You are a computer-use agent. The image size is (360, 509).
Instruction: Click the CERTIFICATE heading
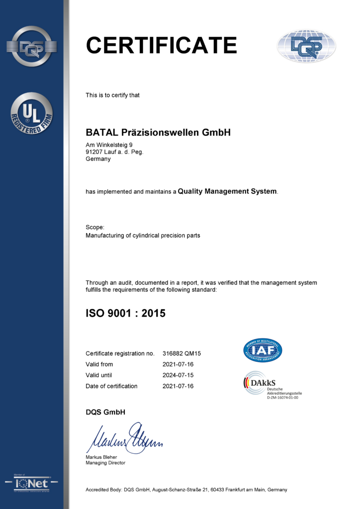click(161, 45)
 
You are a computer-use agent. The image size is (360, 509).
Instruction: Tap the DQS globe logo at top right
click(306, 46)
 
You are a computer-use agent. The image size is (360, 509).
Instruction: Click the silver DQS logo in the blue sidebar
click(31, 46)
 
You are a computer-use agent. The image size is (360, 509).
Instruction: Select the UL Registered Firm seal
click(31, 113)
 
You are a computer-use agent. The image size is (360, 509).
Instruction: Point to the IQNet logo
click(31, 483)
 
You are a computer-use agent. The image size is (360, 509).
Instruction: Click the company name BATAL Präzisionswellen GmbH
click(158, 133)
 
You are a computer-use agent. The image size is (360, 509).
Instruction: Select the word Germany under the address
click(98, 159)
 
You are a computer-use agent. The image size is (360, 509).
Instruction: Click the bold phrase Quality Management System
click(227, 191)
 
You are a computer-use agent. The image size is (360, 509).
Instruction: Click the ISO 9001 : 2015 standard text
click(125, 313)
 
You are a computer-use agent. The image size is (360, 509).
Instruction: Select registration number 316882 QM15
click(181, 353)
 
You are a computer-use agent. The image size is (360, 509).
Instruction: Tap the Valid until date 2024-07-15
click(178, 375)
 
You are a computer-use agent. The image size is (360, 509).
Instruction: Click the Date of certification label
click(111, 386)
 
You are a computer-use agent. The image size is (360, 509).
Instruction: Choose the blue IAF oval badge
click(263, 350)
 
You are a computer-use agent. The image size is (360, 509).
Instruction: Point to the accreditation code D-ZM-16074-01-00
click(282, 398)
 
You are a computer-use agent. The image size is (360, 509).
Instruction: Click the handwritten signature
click(124, 438)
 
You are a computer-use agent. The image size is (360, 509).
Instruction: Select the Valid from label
click(99, 364)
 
